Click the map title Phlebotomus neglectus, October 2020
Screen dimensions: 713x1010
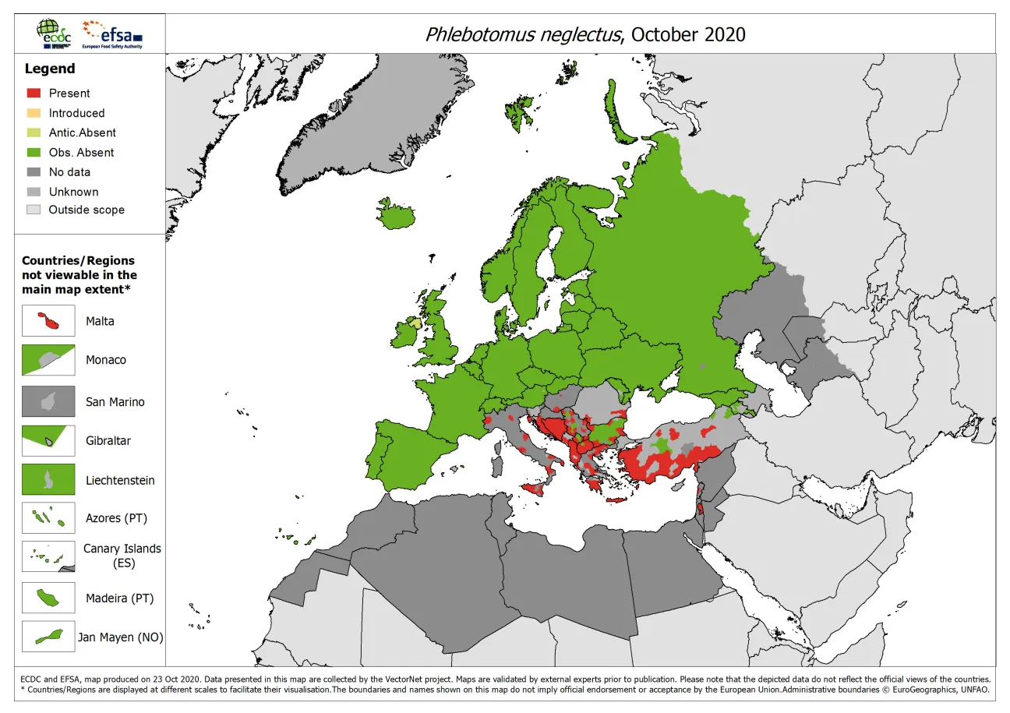584,35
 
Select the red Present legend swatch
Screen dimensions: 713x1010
33,93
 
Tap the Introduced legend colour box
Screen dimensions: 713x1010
33,113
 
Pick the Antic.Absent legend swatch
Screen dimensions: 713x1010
33,132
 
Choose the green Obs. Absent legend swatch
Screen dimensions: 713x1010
33,153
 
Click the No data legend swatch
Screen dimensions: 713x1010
33,172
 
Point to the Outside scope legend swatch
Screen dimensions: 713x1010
33,210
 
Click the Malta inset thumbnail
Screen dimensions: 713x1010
48,321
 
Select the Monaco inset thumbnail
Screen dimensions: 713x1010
48,360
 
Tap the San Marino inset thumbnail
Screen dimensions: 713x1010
48,402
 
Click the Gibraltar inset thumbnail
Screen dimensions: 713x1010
48,440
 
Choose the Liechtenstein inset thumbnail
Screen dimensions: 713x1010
48,480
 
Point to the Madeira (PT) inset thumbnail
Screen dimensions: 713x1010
48,598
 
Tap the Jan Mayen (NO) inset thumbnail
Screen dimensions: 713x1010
48,637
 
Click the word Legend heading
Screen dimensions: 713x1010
50,69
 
